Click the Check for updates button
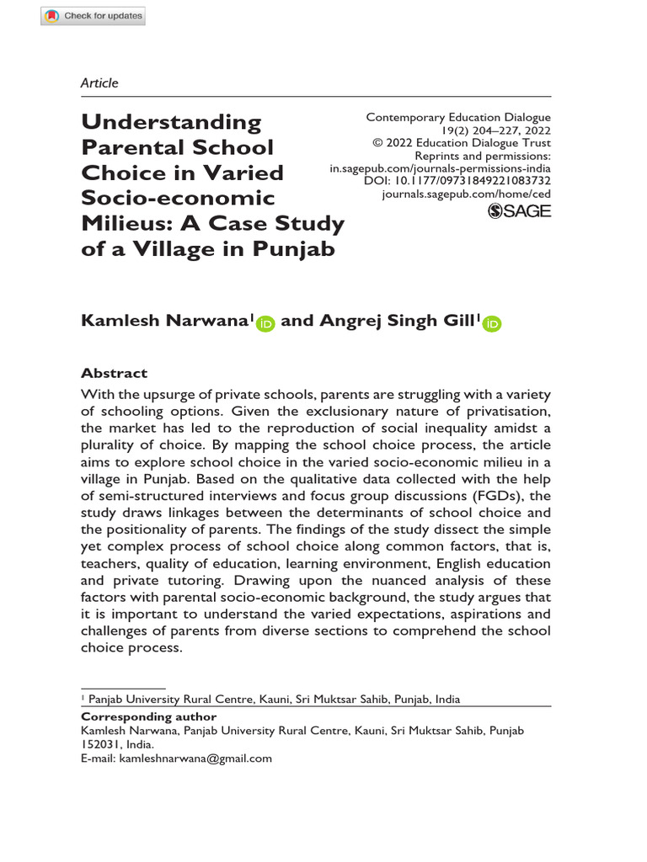[x=94, y=16]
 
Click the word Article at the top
[x=99, y=82]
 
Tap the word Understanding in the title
[x=171, y=122]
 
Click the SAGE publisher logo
[x=520, y=210]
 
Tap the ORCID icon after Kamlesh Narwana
[x=266, y=323]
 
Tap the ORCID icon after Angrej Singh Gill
[x=492, y=323]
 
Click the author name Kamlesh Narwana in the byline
[x=164, y=320]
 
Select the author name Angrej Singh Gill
[x=393, y=320]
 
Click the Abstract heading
[x=114, y=373]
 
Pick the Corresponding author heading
[x=136, y=717]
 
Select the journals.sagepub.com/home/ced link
[x=466, y=194]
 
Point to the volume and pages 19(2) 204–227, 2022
[x=496, y=130]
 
